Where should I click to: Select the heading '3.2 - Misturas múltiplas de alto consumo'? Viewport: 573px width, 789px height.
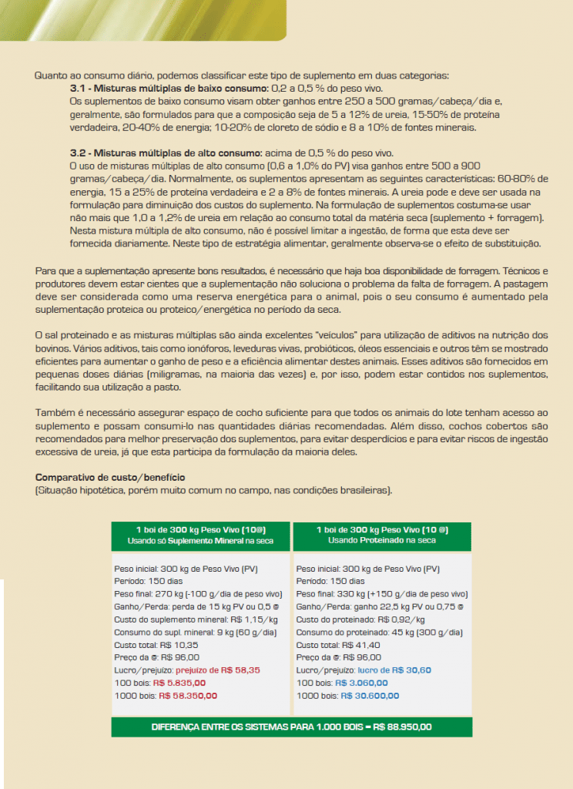156,153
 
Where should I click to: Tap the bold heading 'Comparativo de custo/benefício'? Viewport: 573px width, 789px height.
110,478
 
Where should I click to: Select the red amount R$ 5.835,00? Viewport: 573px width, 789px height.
179,683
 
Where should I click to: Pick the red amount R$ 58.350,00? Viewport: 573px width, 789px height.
188,696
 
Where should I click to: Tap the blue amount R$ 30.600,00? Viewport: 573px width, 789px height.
370,696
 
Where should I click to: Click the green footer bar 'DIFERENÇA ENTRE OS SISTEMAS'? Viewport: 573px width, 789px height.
291,727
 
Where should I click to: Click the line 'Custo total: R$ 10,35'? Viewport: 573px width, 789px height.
146,645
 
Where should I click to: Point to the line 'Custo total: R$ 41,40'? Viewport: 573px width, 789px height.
327,645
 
